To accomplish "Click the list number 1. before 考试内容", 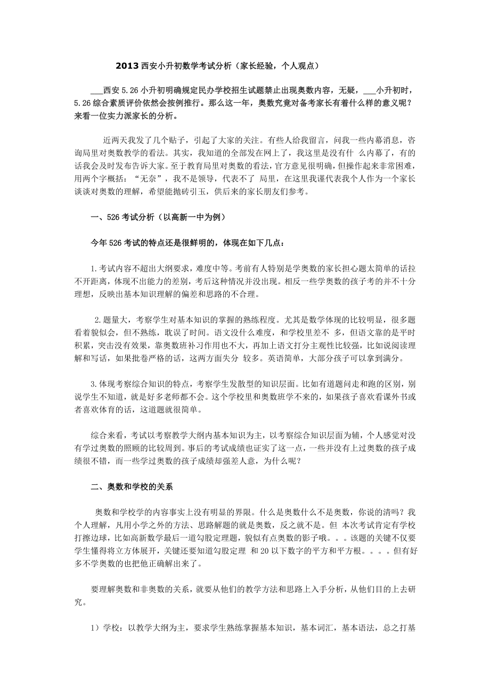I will (x=94, y=269).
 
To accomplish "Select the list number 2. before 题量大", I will (x=97, y=320).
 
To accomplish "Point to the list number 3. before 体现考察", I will (x=94, y=384).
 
